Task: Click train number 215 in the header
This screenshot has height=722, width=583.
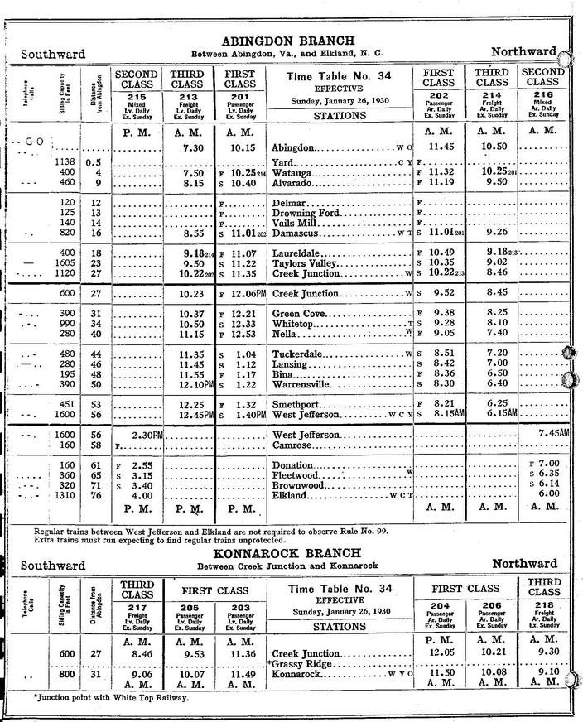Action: [x=138, y=96]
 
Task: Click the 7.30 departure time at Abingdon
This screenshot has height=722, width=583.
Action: [x=191, y=147]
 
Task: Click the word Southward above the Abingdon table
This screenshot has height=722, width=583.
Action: [x=53, y=55]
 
